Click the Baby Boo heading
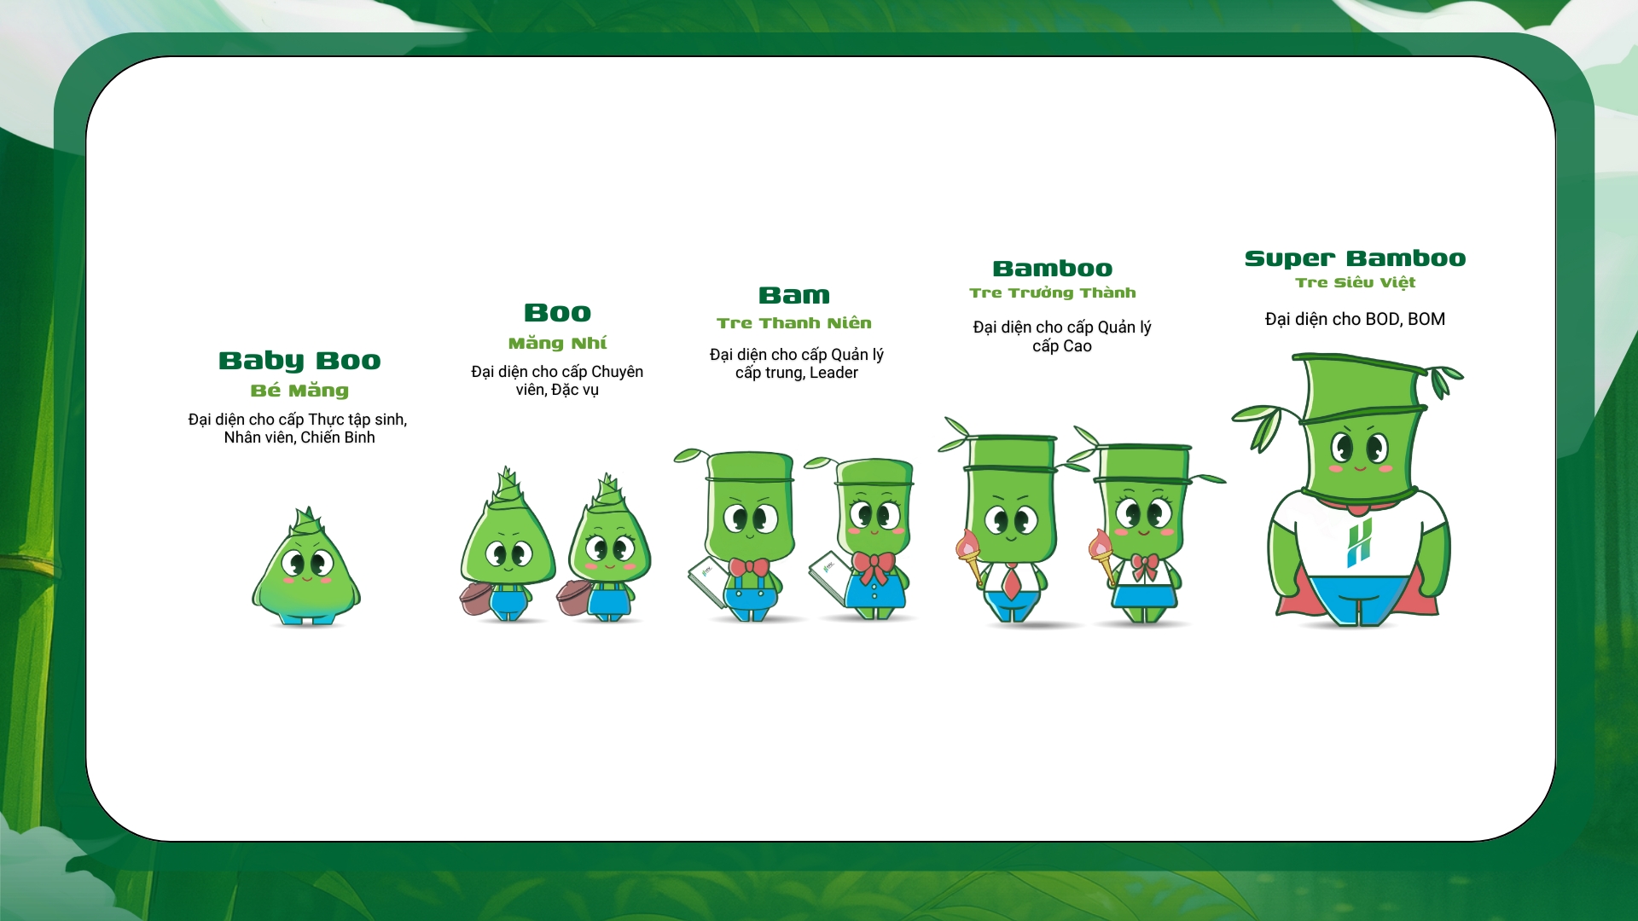tap(299, 361)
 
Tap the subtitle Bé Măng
tap(299, 391)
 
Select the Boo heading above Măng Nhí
tap(557, 313)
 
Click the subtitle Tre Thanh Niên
tap(794, 323)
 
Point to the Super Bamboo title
tap(1355, 258)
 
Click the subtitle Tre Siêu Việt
tap(1355, 282)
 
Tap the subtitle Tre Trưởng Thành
tap(1053, 293)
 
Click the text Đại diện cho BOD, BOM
tap(1355, 319)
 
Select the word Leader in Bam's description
tap(834, 373)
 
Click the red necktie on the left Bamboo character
tap(1011, 582)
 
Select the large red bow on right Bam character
tap(874, 567)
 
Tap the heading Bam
tap(794, 296)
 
